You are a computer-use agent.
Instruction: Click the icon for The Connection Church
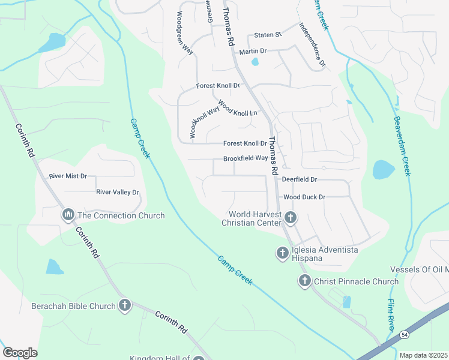pos(68,215)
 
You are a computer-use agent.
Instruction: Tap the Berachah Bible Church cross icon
pos(124,305)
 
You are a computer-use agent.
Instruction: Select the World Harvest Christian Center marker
pos(290,218)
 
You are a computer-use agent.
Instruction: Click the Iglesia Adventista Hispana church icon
pos(282,253)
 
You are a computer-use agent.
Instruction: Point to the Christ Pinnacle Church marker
pos(304,281)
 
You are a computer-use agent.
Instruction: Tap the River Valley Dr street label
pos(118,192)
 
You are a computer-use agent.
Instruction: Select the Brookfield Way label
pos(245,158)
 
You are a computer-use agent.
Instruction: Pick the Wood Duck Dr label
pos(304,197)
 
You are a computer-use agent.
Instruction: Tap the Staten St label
pos(268,35)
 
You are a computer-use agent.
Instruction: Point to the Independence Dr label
pos(312,45)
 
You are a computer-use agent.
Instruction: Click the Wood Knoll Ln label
pos(237,109)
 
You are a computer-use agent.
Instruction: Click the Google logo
pos(20,353)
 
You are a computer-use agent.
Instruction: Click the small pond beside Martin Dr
pos(255,61)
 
